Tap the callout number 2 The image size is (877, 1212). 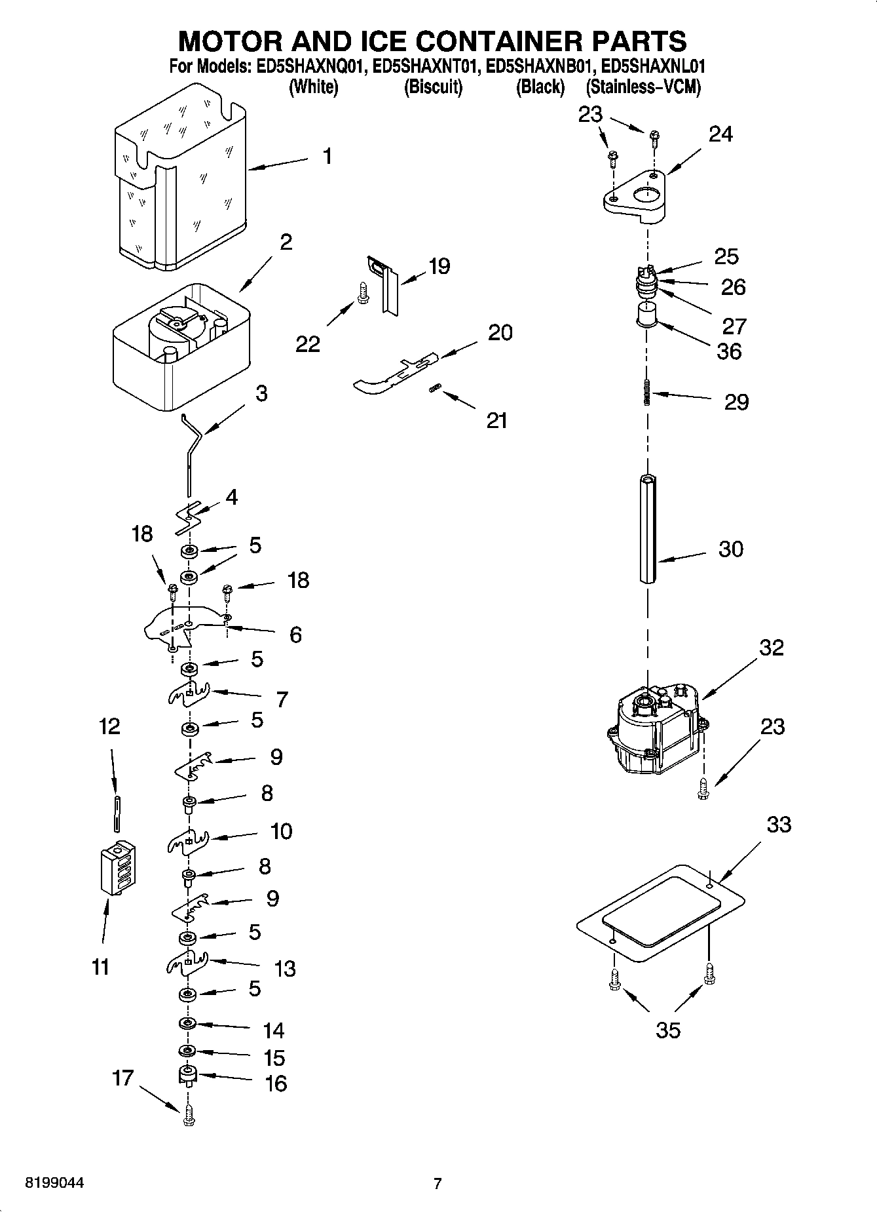(x=286, y=242)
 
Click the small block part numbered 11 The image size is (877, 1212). (x=119, y=867)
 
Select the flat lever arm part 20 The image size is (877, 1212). (x=393, y=377)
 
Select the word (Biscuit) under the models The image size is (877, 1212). (x=433, y=87)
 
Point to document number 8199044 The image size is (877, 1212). (x=54, y=1183)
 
